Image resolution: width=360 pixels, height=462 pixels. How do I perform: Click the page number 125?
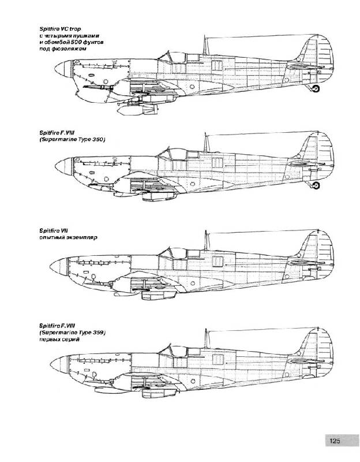pos(335,441)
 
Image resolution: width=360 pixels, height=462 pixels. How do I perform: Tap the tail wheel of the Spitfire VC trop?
pos(316,88)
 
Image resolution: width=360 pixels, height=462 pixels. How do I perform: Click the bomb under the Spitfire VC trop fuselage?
pos(137,110)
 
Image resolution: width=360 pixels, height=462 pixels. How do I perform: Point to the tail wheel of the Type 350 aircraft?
pos(316,185)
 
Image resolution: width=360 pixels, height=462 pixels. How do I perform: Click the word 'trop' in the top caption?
pos(75,29)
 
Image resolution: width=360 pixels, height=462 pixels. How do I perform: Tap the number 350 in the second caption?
pos(99,139)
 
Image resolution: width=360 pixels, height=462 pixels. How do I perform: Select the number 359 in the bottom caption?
pos(99,333)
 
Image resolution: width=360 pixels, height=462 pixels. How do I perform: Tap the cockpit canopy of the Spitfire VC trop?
pos(172,57)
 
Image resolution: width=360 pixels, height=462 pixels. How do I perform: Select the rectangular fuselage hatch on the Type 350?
pos(217,163)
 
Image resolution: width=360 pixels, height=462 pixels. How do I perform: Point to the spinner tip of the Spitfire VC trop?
pos(55,69)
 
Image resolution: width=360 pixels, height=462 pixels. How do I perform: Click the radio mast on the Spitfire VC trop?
pos(204,45)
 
